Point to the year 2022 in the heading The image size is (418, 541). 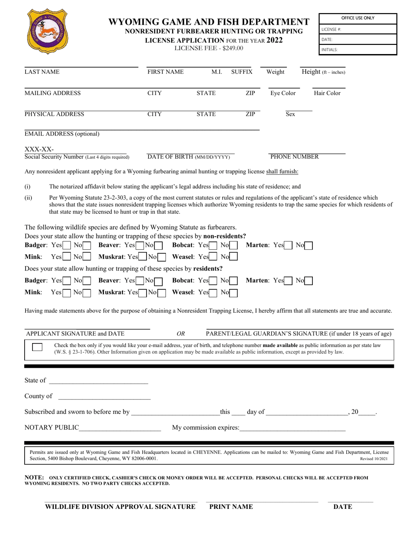(x=275, y=40)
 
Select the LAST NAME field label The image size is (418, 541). (x=42, y=72)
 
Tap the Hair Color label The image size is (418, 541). (x=327, y=93)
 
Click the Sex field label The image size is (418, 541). (x=290, y=114)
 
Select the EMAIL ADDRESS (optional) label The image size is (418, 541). (x=62, y=134)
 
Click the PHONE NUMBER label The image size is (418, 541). (x=294, y=157)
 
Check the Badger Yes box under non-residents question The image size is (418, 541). (x=67, y=245)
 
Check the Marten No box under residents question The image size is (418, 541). (x=308, y=280)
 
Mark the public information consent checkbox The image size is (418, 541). (x=37, y=347)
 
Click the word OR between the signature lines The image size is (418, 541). (x=180, y=333)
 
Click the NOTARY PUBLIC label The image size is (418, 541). (x=51, y=428)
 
